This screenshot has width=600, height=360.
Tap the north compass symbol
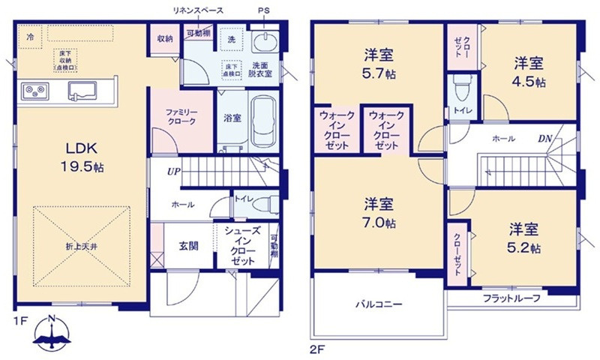(x=51, y=334)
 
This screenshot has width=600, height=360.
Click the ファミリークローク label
(x=181, y=115)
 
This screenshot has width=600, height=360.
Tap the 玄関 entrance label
(x=187, y=245)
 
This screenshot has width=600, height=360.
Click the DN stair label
(x=544, y=139)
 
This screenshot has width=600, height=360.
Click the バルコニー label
(x=379, y=305)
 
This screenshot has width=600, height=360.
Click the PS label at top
(x=262, y=10)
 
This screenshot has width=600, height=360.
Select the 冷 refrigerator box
(x=31, y=36)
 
